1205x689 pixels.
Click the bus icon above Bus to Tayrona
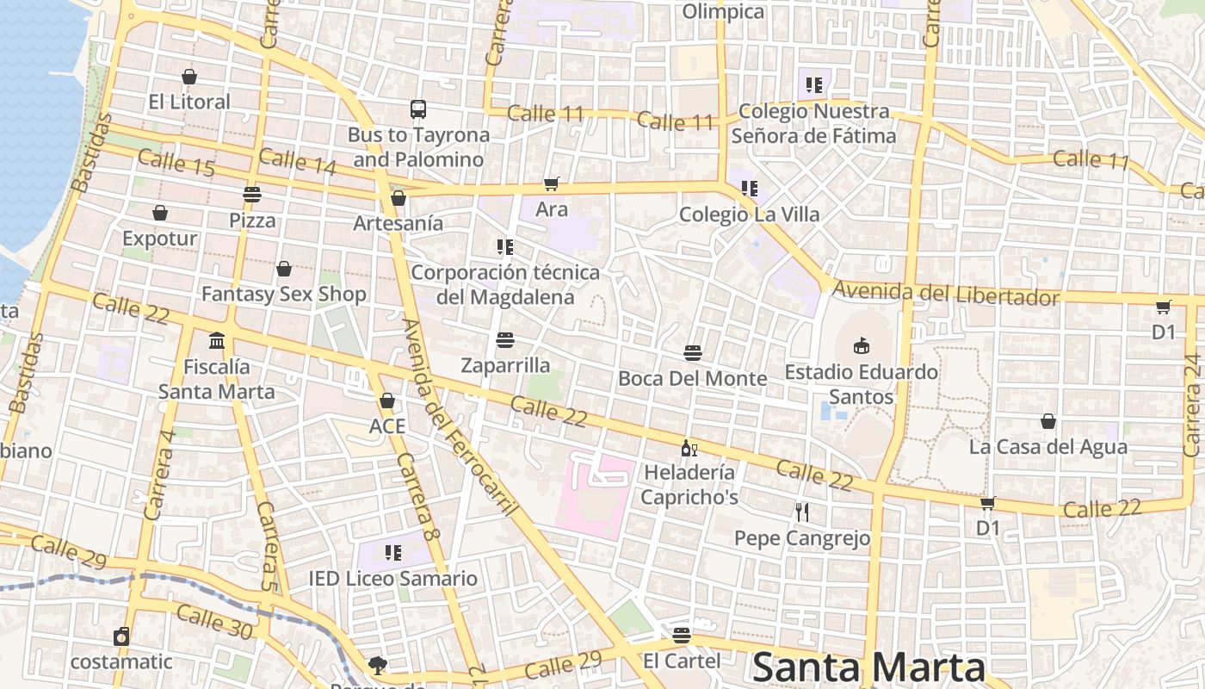(x=418, y=109)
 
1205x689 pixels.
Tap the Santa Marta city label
(x=868, y=668)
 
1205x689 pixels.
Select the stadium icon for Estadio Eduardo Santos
(x=861, y=345)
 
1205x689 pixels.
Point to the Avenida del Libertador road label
(x=946, y=294)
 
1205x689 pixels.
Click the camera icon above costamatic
(x=121, y=636)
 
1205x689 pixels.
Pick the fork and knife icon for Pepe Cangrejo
(x=802, y=512)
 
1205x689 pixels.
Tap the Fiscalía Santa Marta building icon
(x=217, y=340)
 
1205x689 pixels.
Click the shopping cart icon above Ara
(x=552, y=183)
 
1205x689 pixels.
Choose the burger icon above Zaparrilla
(x=505, y=339)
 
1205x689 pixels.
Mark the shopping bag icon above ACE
(x=387, y=400)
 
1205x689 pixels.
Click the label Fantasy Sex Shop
(x=284, y=294)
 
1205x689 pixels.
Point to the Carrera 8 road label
(x=418, y=498)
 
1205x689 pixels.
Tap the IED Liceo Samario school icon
(x=393, y=552)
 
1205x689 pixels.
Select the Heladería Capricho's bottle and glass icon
(x=689, y=447)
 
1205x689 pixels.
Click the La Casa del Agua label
(x=1047, y=447)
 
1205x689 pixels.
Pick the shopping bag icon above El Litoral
(x=189, y=77)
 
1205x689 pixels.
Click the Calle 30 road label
(x=214, y=622)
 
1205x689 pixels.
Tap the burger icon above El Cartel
(x=682, y=636)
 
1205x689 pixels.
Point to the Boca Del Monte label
(x=692, y=378)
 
